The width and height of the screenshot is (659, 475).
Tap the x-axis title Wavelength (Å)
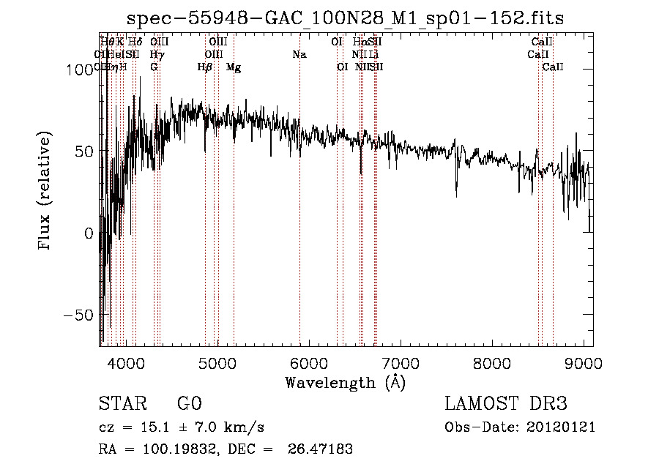coord(346,382)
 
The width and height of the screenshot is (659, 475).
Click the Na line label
coord(299,54)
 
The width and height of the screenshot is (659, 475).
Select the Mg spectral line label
coord(234,67)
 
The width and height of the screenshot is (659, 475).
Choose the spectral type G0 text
coord(189,404)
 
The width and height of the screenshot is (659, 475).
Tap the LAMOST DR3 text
coord(506,404)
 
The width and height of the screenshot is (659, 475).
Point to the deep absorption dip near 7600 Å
coord(456,192)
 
